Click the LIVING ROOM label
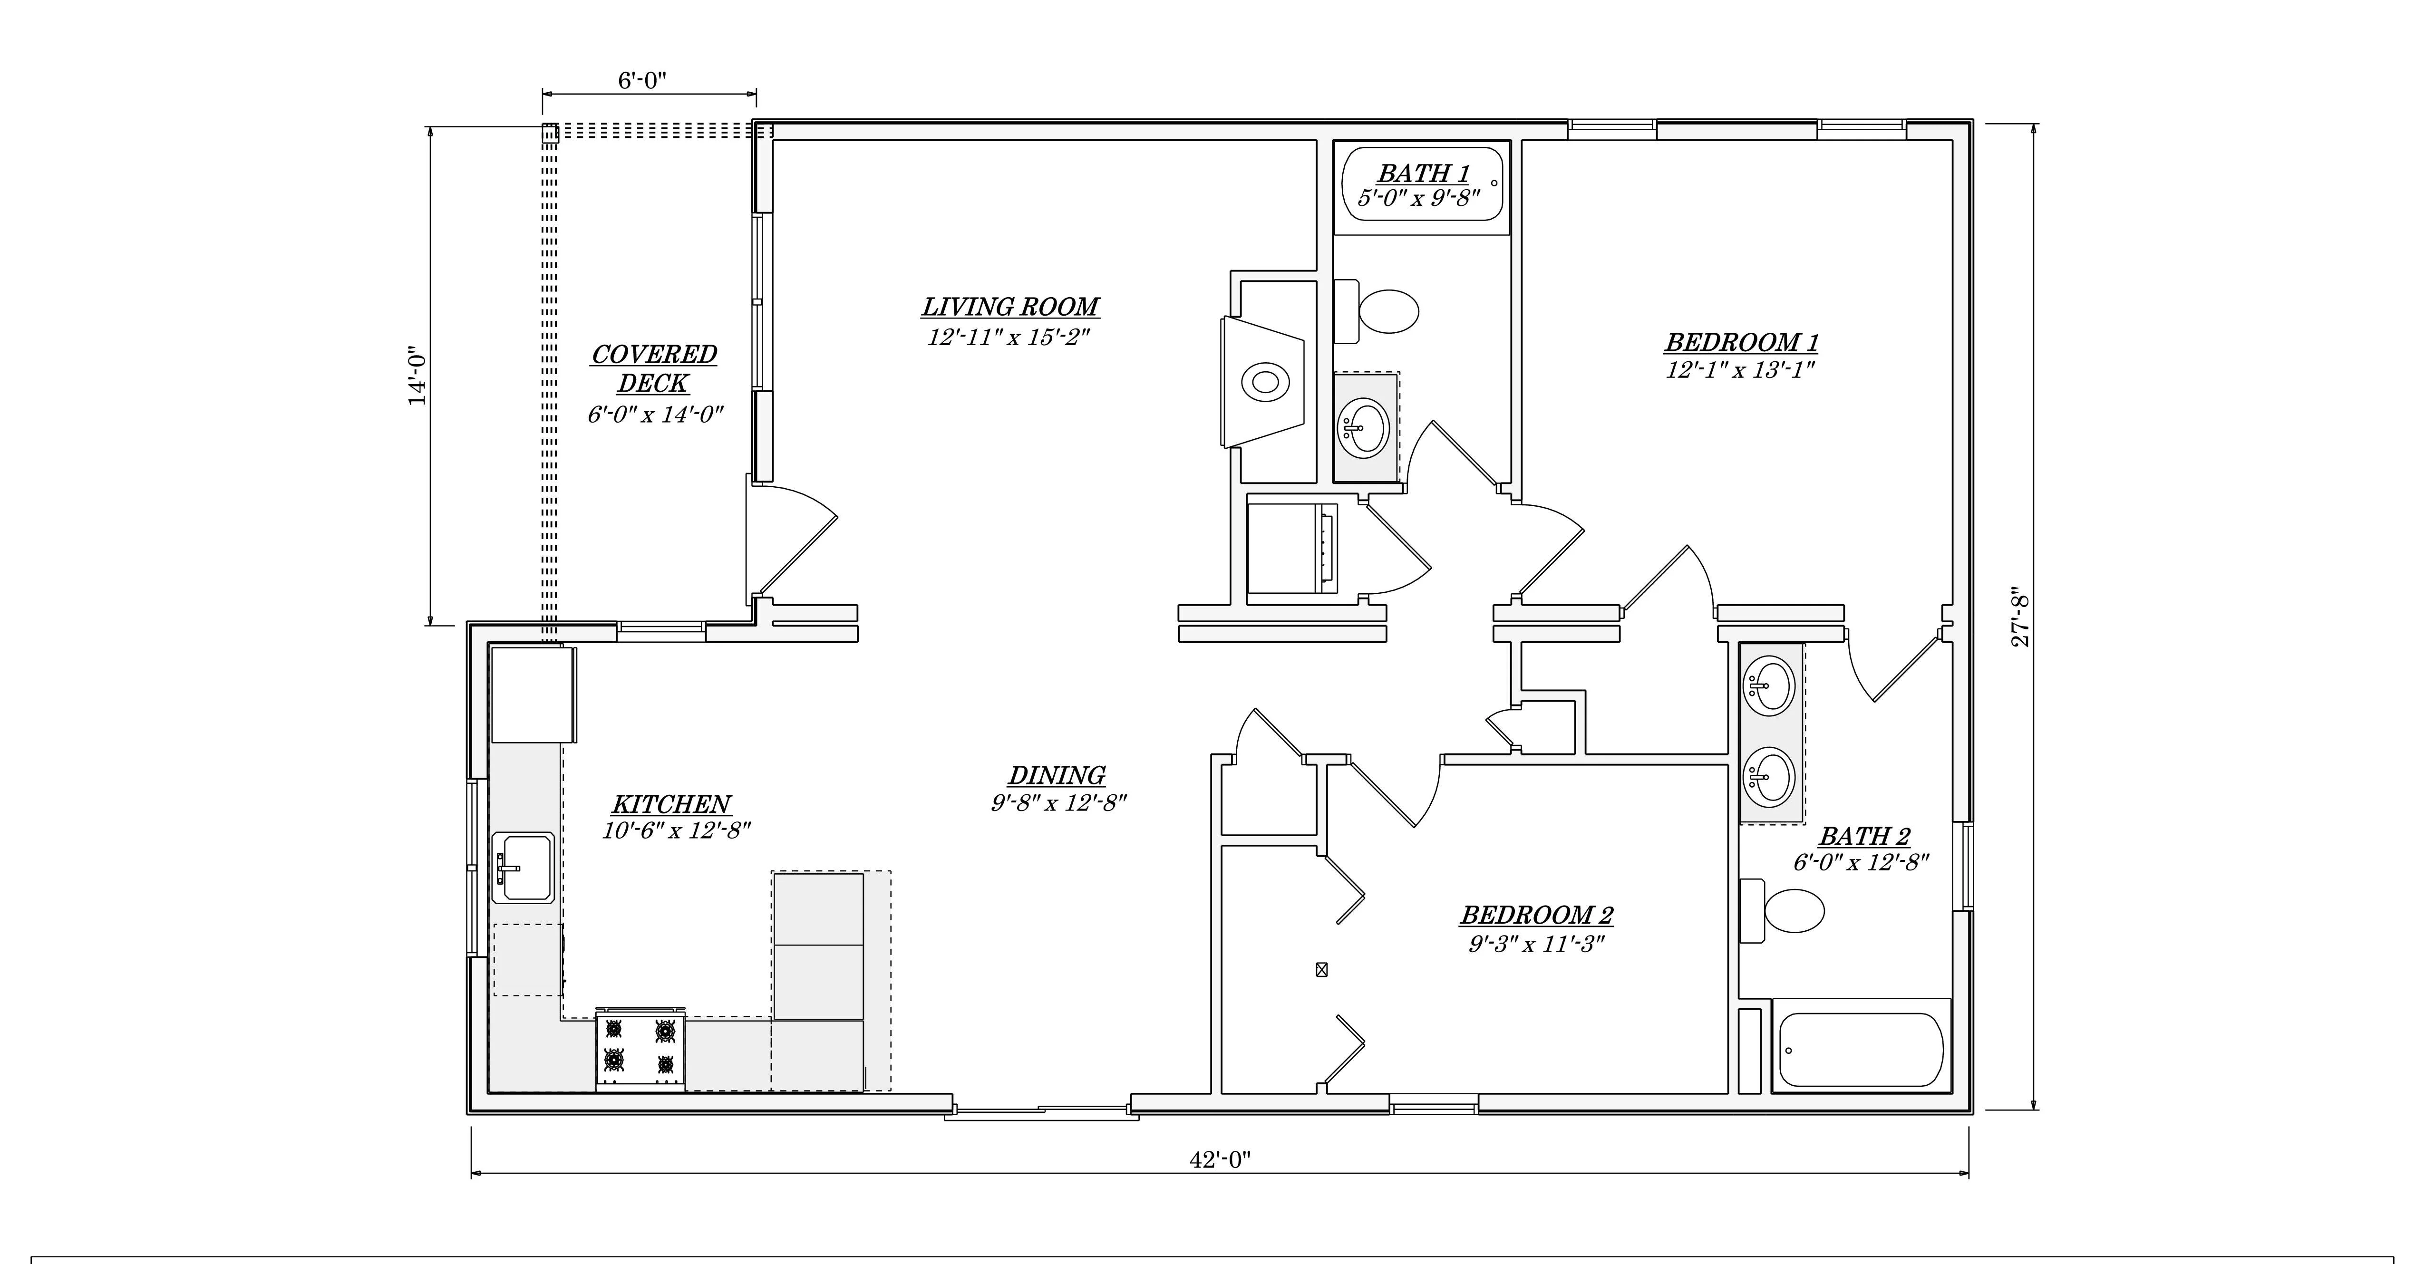coord(1010,307)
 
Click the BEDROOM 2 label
coord(1537,915)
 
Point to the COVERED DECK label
coord(654,369)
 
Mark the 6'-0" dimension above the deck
coord(642,81)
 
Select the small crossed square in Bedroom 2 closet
coord(1322,969)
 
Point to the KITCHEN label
coord(671,805)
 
